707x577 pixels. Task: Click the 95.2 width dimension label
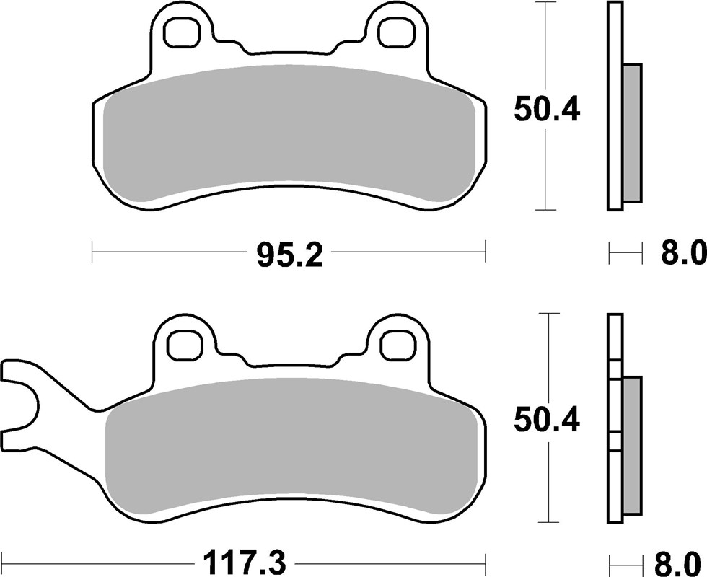289,254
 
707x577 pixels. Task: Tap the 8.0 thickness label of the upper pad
681,254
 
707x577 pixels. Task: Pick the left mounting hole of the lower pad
183,345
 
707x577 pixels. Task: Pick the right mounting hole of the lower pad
395,345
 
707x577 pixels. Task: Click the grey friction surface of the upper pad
289,133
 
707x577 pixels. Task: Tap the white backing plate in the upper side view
615,108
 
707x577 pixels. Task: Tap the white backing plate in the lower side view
615,418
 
